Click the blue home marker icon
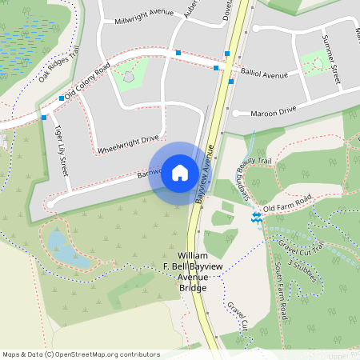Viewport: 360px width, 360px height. (180, 172)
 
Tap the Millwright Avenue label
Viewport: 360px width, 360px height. (144, 17)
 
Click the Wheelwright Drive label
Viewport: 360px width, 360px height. (128, 144)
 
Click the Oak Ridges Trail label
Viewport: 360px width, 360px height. (59, 63)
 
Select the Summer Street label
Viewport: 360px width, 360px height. (330, 59)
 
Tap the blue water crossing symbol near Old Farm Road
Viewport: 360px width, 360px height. (256, 217)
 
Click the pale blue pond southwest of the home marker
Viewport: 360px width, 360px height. (62, 248)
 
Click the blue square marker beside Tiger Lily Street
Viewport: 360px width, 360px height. (43, 117)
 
